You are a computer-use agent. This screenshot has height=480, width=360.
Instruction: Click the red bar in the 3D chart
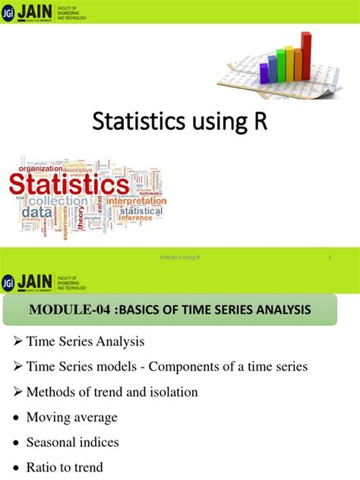pyautogui.click(x=306, y=55)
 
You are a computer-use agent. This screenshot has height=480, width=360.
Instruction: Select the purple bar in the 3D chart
pyautogui.click(x=264, y=72)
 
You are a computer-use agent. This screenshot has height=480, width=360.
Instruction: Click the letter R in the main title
pyautogui.click(x=261, y=122)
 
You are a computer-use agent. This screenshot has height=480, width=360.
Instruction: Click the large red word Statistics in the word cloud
pyautogui.click(x=68, y=185)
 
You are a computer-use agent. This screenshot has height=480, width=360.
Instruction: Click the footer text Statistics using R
pyautogui.click(x=180, y=258)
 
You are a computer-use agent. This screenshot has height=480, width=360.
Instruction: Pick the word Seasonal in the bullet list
pyautogui.click(x=51, y=441)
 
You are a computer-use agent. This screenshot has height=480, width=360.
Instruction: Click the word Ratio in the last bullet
pyautogui.click(x=41, y=466)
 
